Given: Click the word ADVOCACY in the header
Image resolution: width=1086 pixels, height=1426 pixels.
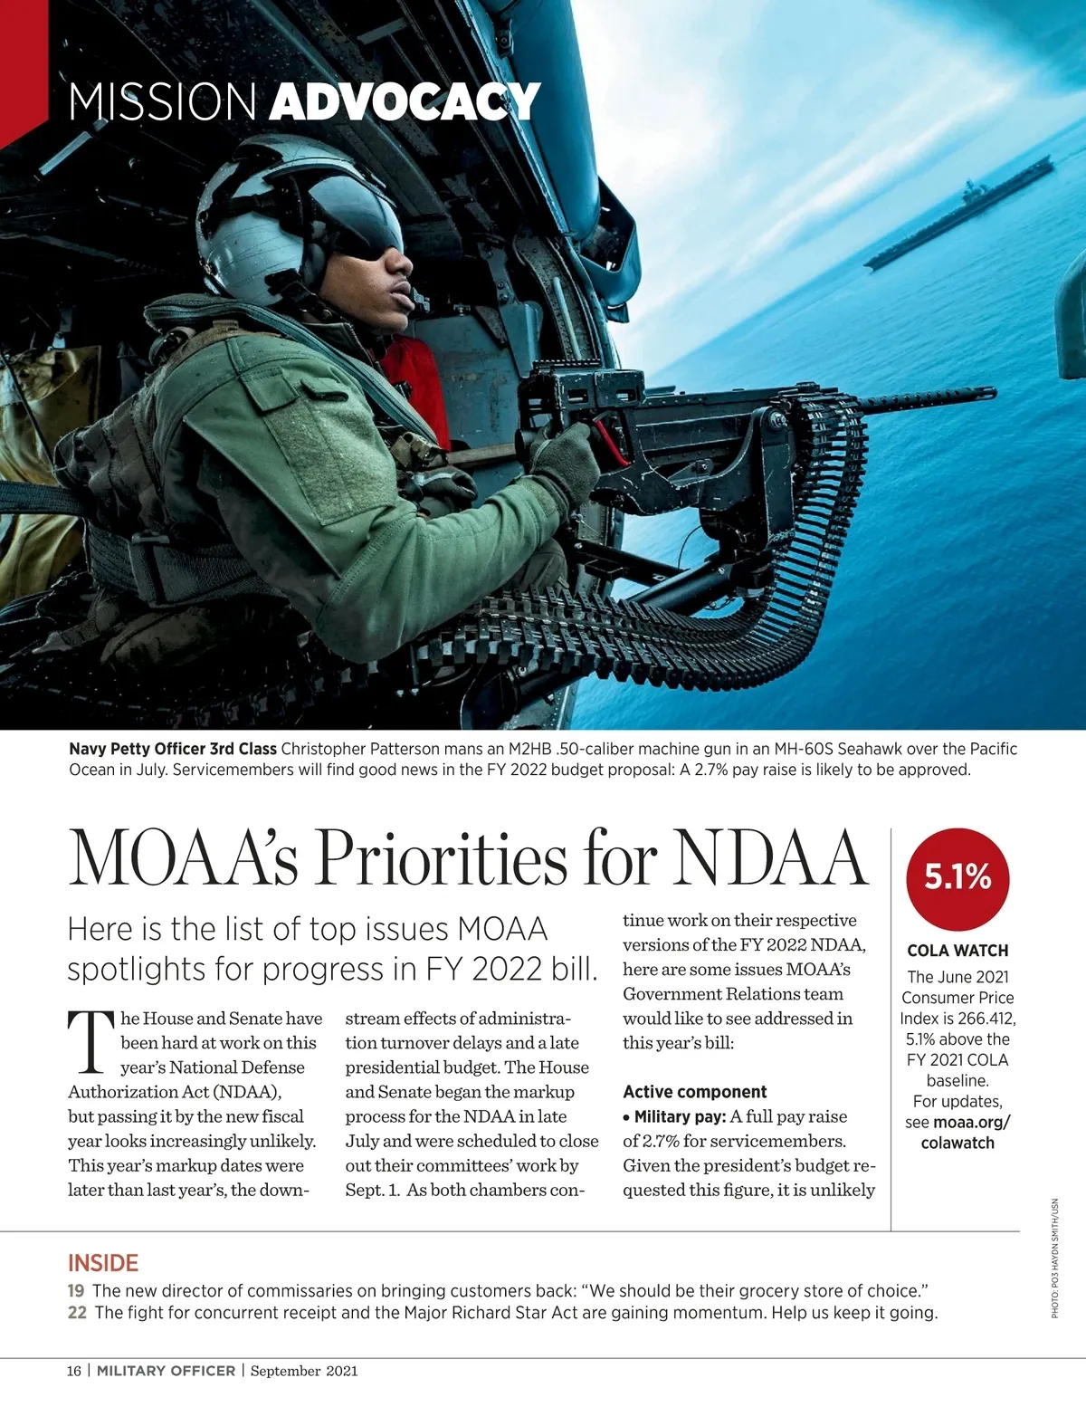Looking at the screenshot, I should coord(405,101).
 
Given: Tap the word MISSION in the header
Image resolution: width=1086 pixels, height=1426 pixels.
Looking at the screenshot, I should coord(162,101).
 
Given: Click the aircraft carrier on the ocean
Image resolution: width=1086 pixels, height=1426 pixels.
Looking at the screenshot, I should coord(959,222).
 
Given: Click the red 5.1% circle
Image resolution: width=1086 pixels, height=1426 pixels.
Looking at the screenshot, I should coord(957,876).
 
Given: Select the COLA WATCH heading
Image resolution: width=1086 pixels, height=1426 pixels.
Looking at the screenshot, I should coord(957,951).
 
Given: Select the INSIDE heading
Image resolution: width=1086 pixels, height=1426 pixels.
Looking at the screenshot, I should coord(103,1263).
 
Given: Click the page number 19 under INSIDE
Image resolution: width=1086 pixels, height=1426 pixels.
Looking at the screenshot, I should coord(76,1290).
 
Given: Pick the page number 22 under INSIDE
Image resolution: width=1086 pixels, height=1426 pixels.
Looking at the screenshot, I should coord(77,1313).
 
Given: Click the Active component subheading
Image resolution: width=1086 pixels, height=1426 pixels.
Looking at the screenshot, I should coord(694,1092).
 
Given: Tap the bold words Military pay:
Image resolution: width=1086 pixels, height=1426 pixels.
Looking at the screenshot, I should coord(680,1116).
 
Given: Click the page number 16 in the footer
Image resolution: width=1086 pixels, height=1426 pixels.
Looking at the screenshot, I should coord(73,1371).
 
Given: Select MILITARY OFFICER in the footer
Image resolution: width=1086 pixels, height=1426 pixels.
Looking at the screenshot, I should coord(166,1371).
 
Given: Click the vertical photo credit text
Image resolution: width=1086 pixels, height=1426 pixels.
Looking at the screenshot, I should coord(1054,1259).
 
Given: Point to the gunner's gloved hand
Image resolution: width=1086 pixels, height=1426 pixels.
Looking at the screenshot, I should coord(566,457).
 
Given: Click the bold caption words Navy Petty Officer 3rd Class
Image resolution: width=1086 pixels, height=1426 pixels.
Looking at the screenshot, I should coord(173,749).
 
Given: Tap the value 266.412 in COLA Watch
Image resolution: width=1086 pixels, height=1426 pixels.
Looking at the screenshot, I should coord(986,1019).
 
